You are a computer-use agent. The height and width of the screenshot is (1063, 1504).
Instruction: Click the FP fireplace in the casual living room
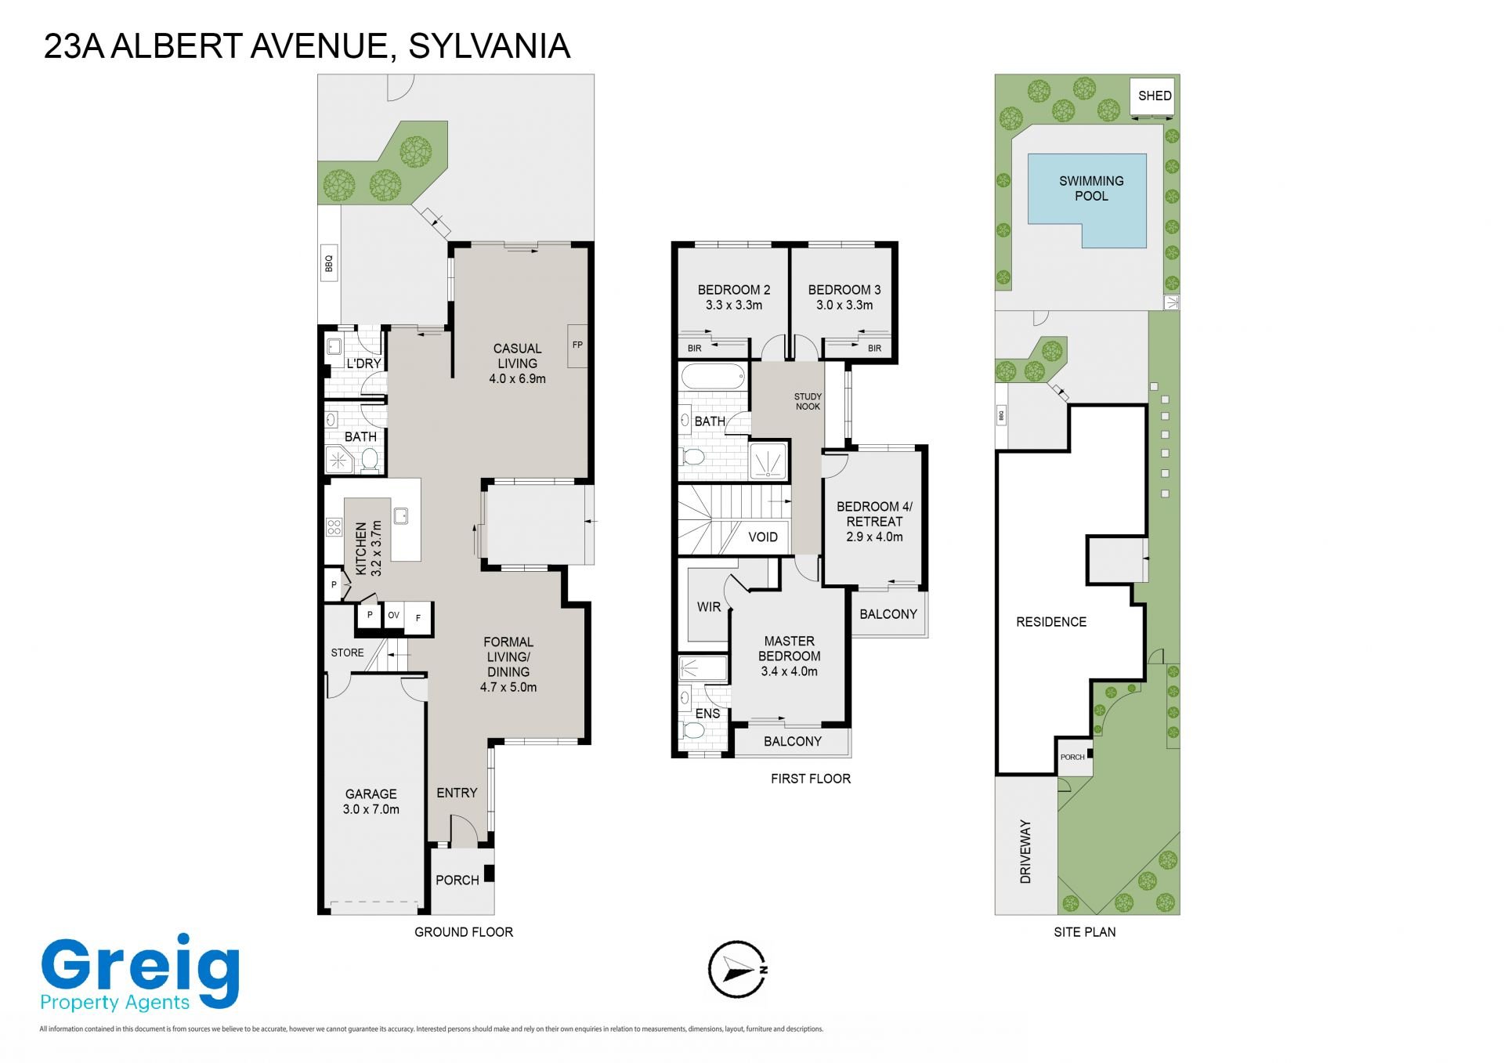click(577, 345)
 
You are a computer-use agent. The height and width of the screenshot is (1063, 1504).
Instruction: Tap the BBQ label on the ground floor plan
click(329, 264)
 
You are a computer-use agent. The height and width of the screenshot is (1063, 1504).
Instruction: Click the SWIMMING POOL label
click(1091, 188)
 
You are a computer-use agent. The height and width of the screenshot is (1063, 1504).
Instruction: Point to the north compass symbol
click(737, 969)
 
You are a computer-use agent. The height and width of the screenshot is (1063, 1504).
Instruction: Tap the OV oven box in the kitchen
click(393, 616)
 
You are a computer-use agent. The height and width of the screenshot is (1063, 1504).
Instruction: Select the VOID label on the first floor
click(763, 537)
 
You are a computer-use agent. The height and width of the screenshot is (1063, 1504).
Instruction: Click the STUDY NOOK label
click(808, 401)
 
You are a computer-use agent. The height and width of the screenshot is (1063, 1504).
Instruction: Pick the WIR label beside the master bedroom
click(709, 606)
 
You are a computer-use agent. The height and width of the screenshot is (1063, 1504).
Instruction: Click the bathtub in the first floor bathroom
click(713, 376)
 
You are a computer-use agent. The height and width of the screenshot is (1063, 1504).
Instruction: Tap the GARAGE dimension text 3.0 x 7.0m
click(371, 809)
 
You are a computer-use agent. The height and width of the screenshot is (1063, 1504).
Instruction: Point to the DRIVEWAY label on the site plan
click(1025, 851)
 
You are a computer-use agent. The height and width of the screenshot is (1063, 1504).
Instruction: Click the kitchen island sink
click(401, 515)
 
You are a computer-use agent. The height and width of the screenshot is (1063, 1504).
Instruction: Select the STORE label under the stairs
click(347, 653)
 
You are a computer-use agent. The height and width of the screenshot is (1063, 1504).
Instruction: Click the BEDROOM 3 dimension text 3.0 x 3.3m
click(844, 305)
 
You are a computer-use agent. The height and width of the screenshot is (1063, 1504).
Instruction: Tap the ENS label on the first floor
click(707, 714)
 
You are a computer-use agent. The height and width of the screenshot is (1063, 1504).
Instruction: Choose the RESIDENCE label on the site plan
click(1051, 622)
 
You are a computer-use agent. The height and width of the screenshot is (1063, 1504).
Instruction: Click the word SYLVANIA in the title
click(490, 46)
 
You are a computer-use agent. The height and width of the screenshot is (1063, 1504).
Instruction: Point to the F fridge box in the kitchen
click(418, 618)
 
